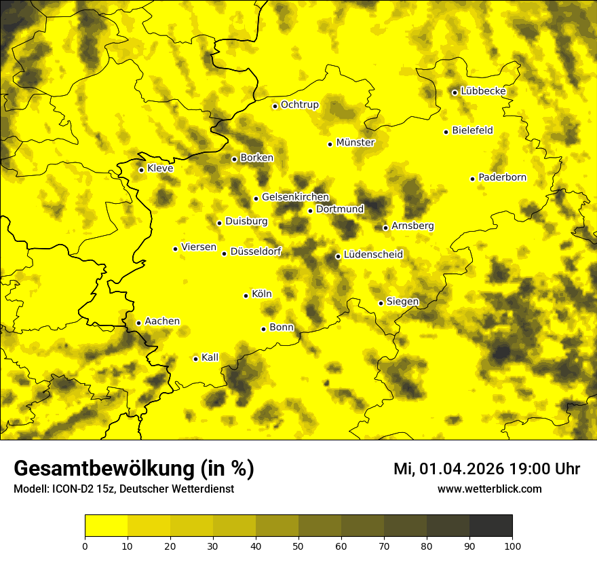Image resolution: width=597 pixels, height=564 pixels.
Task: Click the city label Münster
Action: (355, 143)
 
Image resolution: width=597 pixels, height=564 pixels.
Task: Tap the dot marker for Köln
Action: (246, 296)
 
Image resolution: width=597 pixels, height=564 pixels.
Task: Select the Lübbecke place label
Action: (483, 91)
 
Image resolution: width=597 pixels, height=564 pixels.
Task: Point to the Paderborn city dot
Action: (473, 179)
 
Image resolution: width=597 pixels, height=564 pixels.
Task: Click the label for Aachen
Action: (162, 321)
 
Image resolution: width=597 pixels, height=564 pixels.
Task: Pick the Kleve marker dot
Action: (141, 170)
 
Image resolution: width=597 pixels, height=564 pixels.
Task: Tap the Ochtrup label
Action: (299, 105)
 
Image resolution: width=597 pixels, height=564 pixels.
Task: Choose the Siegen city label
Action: (402, 301)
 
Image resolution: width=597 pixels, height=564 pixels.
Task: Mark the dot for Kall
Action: (195, 359)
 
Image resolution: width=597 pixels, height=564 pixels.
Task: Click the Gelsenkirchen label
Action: (295, 197)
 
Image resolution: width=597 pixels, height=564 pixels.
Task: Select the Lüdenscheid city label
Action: (373, 255)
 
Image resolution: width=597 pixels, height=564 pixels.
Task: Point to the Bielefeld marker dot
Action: (446, 132)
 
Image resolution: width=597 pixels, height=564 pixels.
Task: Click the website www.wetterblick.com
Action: (489, 489)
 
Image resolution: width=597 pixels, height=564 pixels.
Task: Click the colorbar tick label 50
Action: (298, 545)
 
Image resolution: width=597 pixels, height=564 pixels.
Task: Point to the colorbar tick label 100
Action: (512, 545)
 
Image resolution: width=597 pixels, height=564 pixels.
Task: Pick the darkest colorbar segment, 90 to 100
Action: (490, 525)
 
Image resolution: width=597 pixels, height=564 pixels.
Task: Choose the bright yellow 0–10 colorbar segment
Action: (106, 525)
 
